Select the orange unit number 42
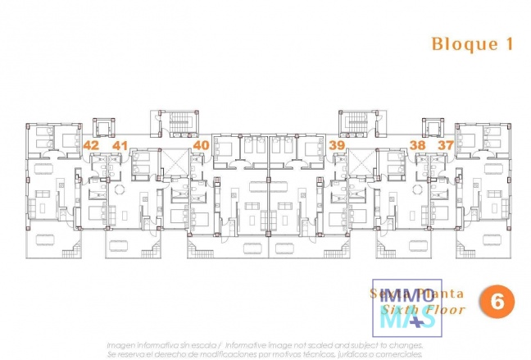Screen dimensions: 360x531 92,145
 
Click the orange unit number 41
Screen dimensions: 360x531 120,145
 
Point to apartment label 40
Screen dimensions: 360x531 200,145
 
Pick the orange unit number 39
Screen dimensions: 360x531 336,145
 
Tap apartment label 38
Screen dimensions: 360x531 417,145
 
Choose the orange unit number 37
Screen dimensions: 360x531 445,145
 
